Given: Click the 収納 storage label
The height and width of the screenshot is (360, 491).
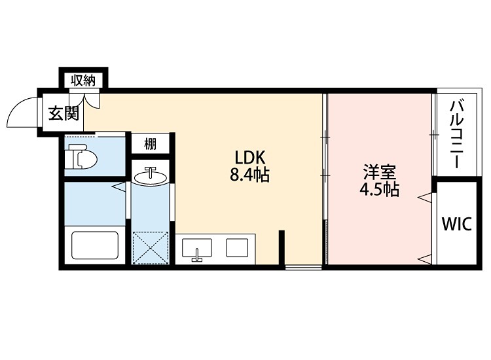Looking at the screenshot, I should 84,80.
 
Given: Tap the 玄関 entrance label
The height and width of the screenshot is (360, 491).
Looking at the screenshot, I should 64,114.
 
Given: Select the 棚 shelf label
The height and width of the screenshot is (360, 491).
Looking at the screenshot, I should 150,144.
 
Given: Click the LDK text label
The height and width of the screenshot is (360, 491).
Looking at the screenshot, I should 249,158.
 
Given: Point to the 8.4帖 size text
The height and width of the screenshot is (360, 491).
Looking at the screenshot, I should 249,175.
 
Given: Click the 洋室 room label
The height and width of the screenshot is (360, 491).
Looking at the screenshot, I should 379,173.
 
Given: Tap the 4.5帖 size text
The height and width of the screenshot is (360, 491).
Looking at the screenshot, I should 379,190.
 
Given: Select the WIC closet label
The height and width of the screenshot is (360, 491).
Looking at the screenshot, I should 456,224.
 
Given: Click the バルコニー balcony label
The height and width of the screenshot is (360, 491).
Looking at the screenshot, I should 456,135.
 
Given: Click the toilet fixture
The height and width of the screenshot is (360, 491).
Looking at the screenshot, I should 84,157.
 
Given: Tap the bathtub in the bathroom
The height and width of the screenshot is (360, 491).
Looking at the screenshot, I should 95,245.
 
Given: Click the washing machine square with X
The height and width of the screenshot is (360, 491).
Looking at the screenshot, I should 151,247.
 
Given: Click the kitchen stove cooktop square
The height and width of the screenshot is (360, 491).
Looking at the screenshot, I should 236,248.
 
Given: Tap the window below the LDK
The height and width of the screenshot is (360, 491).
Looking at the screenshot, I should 302,266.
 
